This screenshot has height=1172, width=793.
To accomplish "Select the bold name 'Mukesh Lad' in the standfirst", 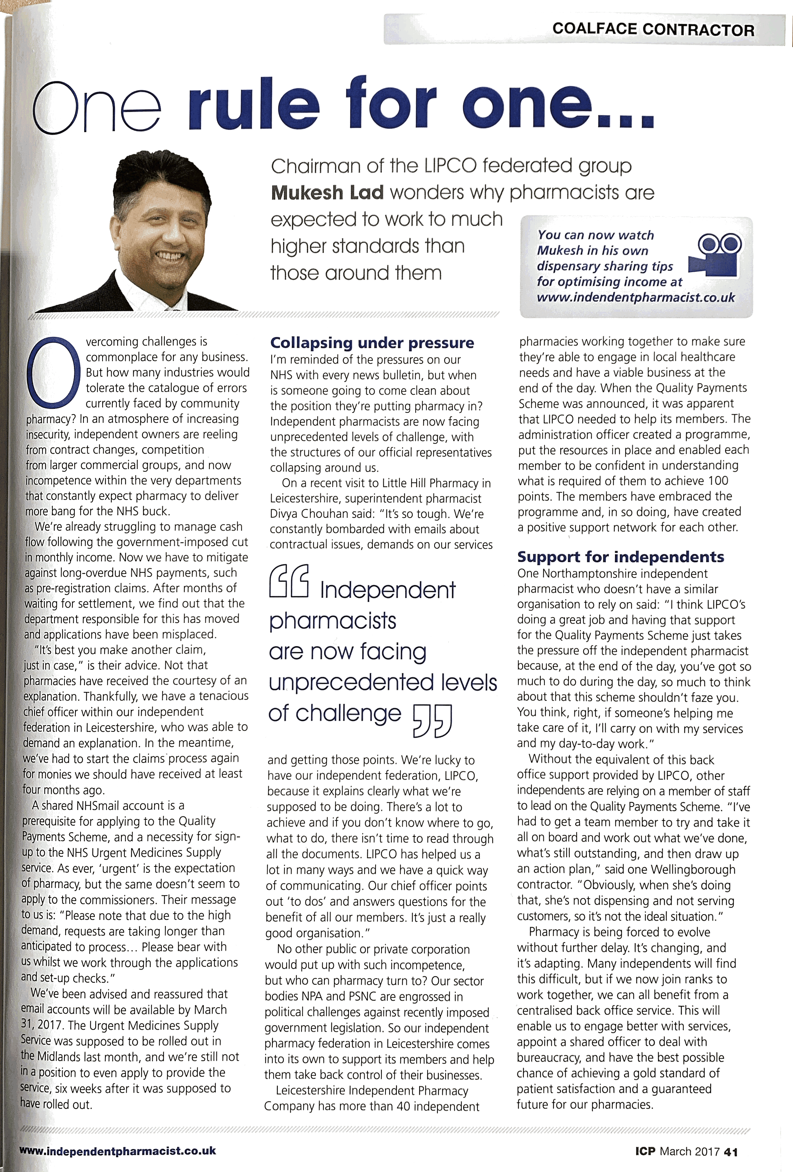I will [x=327, y=193].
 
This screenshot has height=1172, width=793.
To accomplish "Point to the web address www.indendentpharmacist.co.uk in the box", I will [x=636, y=297].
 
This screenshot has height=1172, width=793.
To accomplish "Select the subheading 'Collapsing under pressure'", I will [x=372, y=343].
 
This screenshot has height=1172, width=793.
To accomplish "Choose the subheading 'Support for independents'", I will [x=620, y=557].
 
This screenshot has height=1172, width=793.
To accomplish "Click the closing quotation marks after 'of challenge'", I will [x=432, y=721].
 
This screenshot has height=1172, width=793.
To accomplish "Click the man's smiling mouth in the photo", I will [x=169, y=257].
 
